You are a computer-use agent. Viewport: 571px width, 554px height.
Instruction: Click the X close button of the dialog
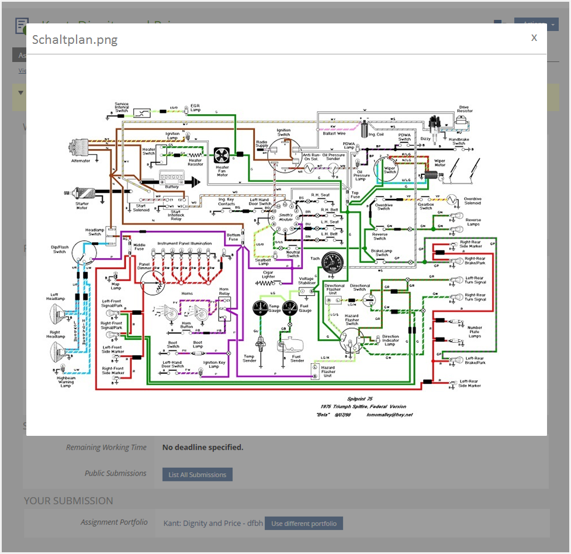click(534, 37)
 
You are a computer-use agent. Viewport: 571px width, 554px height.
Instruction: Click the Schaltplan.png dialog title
click(75, 40)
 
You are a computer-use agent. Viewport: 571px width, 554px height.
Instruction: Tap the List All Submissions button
click(197, 474)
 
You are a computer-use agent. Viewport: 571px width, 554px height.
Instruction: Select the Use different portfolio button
click(303, 523)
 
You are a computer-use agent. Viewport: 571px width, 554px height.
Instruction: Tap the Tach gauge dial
click(332, 261)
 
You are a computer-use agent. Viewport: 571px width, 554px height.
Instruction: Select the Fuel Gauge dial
click(289, 308)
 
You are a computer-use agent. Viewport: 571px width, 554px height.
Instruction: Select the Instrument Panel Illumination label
click(184, 243)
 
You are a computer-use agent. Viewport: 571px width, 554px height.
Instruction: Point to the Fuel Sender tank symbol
click(293, 343)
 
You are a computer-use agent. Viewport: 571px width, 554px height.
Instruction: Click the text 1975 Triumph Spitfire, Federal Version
click(363, 406)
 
